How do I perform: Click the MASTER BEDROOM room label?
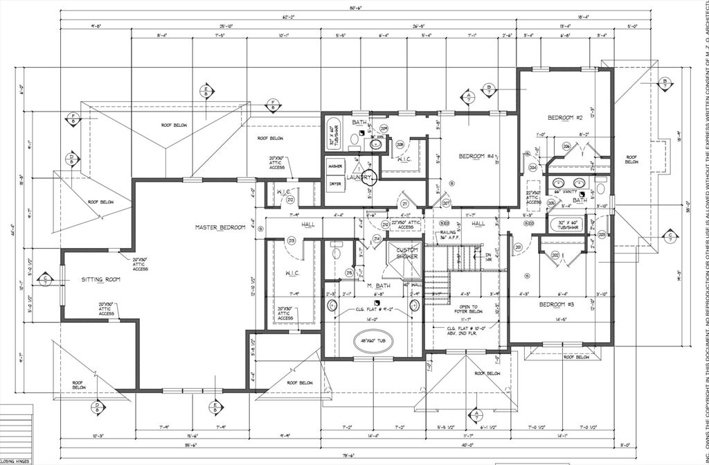pos(220,227)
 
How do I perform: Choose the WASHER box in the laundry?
pos(336,167)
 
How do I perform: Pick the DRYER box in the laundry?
pos(336,184)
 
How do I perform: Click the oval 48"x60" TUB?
pos(373,340)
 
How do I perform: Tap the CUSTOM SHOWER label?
pos(406,254)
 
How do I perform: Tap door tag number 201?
pos(517,246)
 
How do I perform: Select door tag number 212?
pos(290,200)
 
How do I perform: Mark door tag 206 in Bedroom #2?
pos(566,146)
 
